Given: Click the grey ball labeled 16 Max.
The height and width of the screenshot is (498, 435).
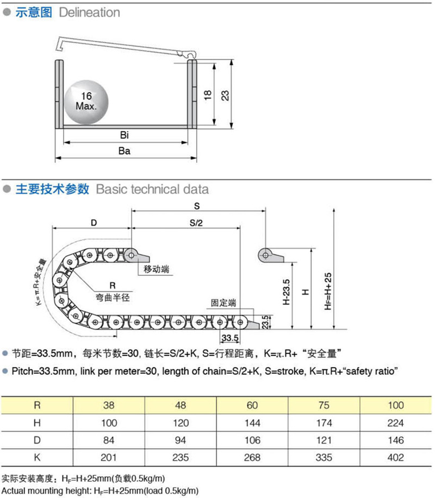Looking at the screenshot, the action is (86, 102).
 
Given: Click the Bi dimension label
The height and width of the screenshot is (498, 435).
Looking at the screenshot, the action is (125, 135).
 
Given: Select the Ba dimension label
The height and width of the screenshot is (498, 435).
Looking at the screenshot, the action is (125, 151).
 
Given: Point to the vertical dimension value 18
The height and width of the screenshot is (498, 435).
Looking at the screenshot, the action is (207, 95).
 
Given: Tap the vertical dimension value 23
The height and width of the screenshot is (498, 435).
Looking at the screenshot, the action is (225, 96).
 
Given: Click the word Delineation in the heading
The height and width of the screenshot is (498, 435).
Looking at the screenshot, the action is (90, 12).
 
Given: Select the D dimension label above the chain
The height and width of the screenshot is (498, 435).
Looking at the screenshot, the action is (94, 223).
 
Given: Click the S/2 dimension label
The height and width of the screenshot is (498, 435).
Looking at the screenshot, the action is (196, 223).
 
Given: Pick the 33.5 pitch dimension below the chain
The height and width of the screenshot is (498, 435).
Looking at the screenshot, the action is (230, 338).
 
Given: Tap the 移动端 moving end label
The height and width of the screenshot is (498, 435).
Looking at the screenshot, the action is (157, 269).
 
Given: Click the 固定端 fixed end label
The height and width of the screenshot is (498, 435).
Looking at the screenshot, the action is (223, 302).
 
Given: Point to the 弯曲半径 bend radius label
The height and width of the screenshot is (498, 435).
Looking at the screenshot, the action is (113, 298).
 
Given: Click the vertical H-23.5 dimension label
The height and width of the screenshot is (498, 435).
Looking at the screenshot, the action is (287, 292).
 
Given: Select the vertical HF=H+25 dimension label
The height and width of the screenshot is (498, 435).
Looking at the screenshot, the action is (328, 291).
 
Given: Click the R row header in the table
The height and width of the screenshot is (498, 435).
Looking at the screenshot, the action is (37, 405).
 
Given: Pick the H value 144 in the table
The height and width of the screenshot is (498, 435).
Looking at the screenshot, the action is (252, 423).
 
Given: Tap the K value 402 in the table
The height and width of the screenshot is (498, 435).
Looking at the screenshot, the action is (395, 458).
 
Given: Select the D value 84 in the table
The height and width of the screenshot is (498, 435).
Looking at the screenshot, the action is (109, 440).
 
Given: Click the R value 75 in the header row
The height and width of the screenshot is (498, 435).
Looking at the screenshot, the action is (324, 405).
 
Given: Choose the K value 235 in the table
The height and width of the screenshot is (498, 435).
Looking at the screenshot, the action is (181, 458).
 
